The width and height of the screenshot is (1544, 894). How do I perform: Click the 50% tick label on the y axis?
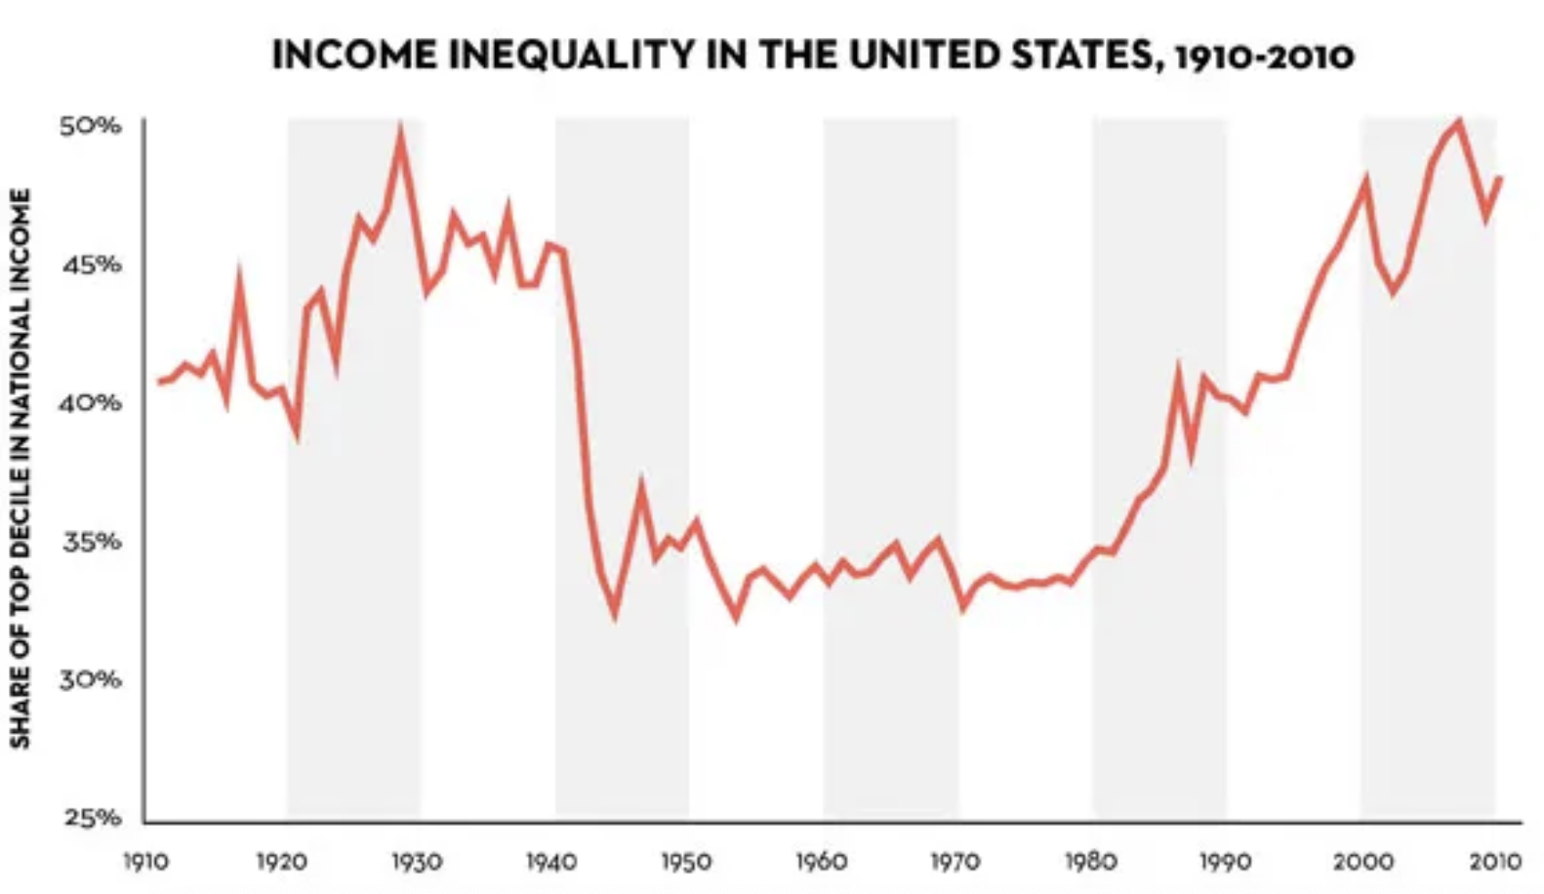pyautogui.click(x=91, y=126)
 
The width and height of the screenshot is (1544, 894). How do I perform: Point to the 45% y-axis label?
pyautogui.click(x=91, y=264)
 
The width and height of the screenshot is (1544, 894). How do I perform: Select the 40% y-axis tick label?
pyautogui.click(x=91, y=402)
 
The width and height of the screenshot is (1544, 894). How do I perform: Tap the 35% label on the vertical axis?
pyautogui.click(x=91, y=541)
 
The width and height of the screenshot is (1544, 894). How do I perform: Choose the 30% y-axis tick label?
pyautogui.click(x=91, y=679)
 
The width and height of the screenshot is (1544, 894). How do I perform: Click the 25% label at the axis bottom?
pyautogui.click(x=91, y=818)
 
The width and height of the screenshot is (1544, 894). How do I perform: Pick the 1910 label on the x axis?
pyautogui.click(x=144, y=862)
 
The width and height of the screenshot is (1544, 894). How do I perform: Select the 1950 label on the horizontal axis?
pyautogui.click(x=686, y=862)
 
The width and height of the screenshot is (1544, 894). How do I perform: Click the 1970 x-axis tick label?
pyautogui.click(x=955, y=862)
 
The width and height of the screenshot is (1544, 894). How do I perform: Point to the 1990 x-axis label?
pyautogui.click(x=1225, y=862)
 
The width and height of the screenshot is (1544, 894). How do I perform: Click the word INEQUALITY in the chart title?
pyautogui.click(x=560, y=55)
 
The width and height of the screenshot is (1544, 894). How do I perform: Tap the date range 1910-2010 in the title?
pyautogui.click(x=1265, y=56)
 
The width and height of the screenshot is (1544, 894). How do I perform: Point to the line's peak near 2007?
pyautogui.click(x=1459, y=123)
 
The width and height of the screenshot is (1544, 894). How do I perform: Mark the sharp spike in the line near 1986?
pyautogui.click(x=1179, y=371)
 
